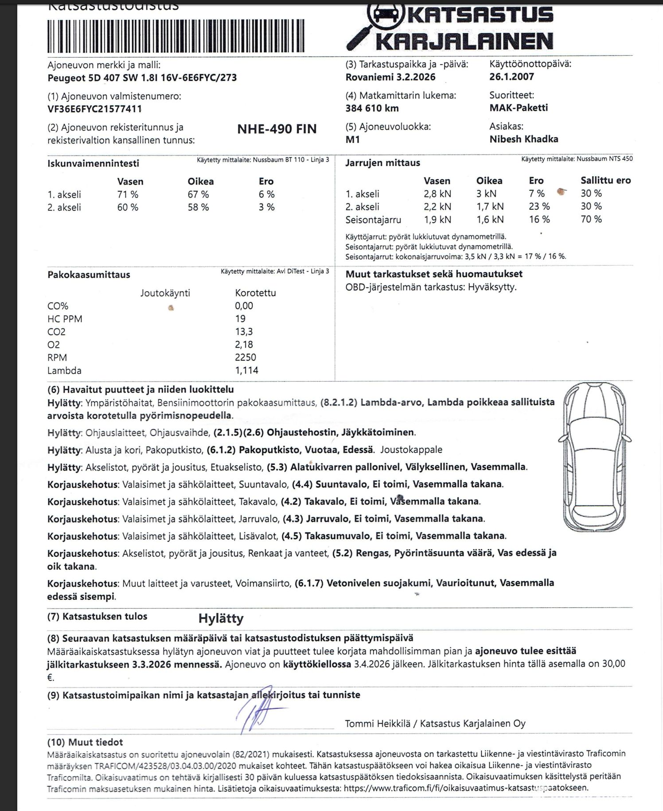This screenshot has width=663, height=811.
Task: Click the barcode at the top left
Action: click(175, 36)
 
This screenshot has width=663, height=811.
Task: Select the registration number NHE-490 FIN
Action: click(277, 129)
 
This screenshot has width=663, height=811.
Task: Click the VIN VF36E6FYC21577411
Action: click(94, 109)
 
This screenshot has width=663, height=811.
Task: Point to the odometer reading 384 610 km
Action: click(372, 108)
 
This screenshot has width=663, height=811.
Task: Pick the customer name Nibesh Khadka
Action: click(523, 139)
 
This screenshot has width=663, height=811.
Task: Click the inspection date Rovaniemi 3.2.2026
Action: click(390, 77)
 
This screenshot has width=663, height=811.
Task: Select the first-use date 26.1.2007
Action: click(511, 77)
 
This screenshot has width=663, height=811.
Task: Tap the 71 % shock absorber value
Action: click(128, 194)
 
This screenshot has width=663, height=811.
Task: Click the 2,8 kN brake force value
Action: click(437, 193)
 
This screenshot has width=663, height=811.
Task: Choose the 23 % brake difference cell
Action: click(539, 206)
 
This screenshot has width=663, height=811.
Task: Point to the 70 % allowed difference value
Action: click(591, 219)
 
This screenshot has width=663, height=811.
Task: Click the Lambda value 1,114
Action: click(246, 370)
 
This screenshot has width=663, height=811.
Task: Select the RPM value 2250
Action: click(246, 357)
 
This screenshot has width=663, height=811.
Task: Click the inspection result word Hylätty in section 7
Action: click(221, 618)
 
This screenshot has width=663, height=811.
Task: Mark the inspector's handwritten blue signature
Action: click(257, 715)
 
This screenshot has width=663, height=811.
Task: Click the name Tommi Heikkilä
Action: click(377, 723)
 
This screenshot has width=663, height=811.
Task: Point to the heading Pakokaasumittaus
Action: click(89, 274)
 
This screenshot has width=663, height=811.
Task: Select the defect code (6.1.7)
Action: click(309, 583)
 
